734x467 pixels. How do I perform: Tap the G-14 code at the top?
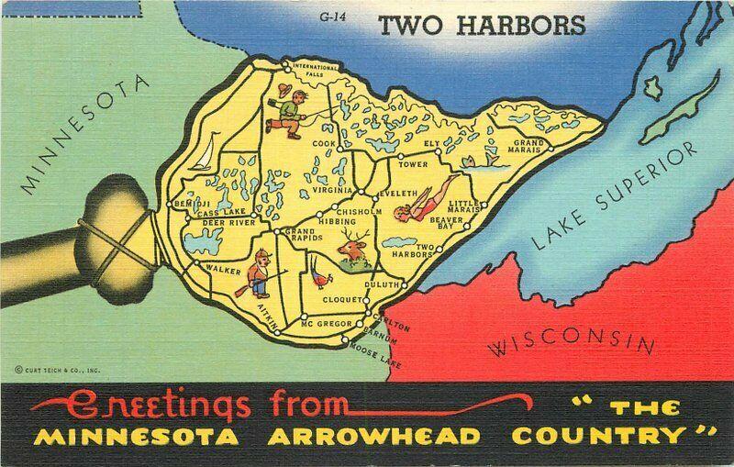333,17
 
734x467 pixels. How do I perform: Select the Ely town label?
431,144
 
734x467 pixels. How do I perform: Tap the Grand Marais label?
529,147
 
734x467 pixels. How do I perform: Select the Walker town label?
223,269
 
